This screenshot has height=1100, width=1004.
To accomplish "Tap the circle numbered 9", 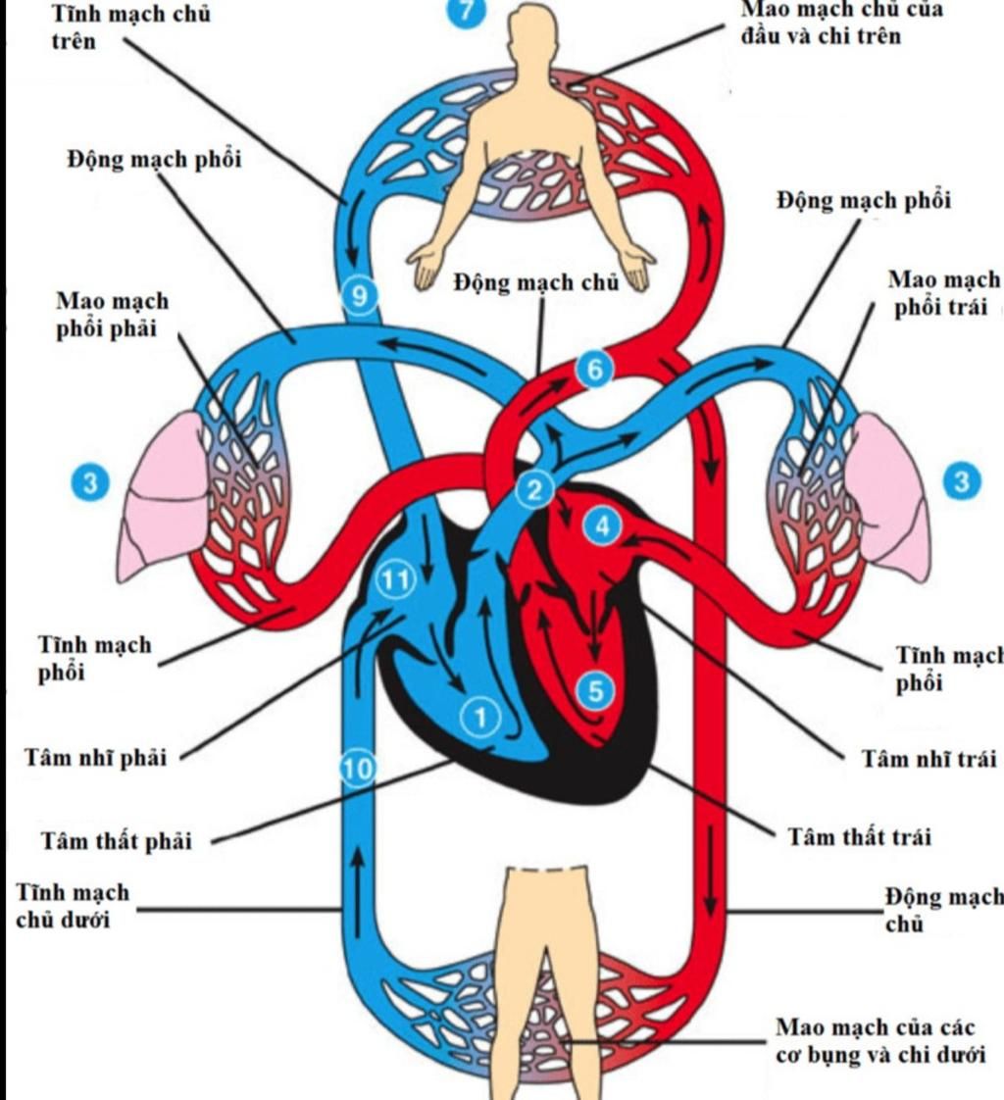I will coord(361,295).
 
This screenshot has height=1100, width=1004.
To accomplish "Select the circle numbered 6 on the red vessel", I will coord(593,369).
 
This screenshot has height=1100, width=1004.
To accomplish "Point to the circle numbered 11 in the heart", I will coord(395,580).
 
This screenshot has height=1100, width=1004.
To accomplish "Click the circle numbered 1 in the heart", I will coord(479,717).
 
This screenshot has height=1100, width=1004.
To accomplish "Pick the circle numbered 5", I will coord(595,691).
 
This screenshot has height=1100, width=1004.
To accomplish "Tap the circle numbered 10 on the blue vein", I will coord(359,769).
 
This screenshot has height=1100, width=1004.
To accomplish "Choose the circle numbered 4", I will coord(603,526).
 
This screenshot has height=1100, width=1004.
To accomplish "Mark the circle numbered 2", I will coord(535,490).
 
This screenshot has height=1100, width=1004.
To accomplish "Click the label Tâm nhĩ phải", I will coord(94,758).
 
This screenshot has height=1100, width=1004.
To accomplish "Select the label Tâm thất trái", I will coord(860,836).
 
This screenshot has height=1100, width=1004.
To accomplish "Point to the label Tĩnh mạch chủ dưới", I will coord(73,907).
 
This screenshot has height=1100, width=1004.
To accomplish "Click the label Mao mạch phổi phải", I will coord(112,314).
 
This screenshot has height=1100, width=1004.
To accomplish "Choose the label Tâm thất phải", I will coord(116,841).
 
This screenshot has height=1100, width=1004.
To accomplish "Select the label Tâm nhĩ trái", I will coord(929,759).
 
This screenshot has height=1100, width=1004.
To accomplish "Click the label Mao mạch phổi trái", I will coord(943,292).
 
